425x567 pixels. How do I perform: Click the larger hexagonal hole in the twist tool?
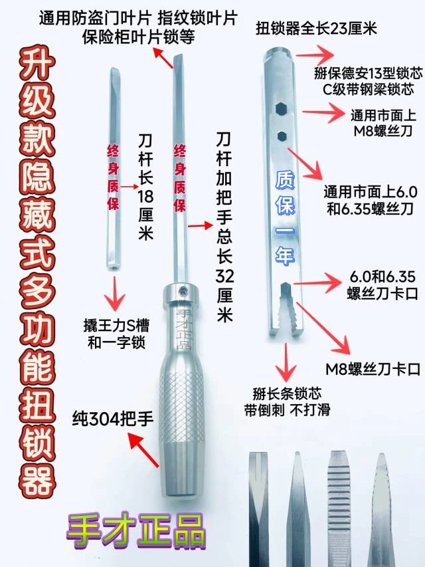(281, 108)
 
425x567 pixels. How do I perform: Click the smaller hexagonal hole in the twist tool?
(282, 136)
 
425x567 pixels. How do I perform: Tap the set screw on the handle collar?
(184, 290)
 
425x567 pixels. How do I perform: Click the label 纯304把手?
(113, 419)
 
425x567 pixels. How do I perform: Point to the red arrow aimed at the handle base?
(143, 450)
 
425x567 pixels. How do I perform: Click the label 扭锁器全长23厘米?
(316, 28)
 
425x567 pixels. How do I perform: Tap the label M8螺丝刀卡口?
(373, 369)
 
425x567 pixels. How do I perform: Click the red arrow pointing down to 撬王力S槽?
(116, 294)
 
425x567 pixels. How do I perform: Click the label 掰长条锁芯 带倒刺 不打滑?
(287, 401)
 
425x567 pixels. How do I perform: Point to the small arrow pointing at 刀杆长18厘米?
(129, 187)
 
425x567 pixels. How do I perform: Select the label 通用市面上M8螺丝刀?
(382, 123)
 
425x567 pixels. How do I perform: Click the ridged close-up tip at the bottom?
(339, 507)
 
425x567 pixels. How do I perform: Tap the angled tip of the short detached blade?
(115, 72)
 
